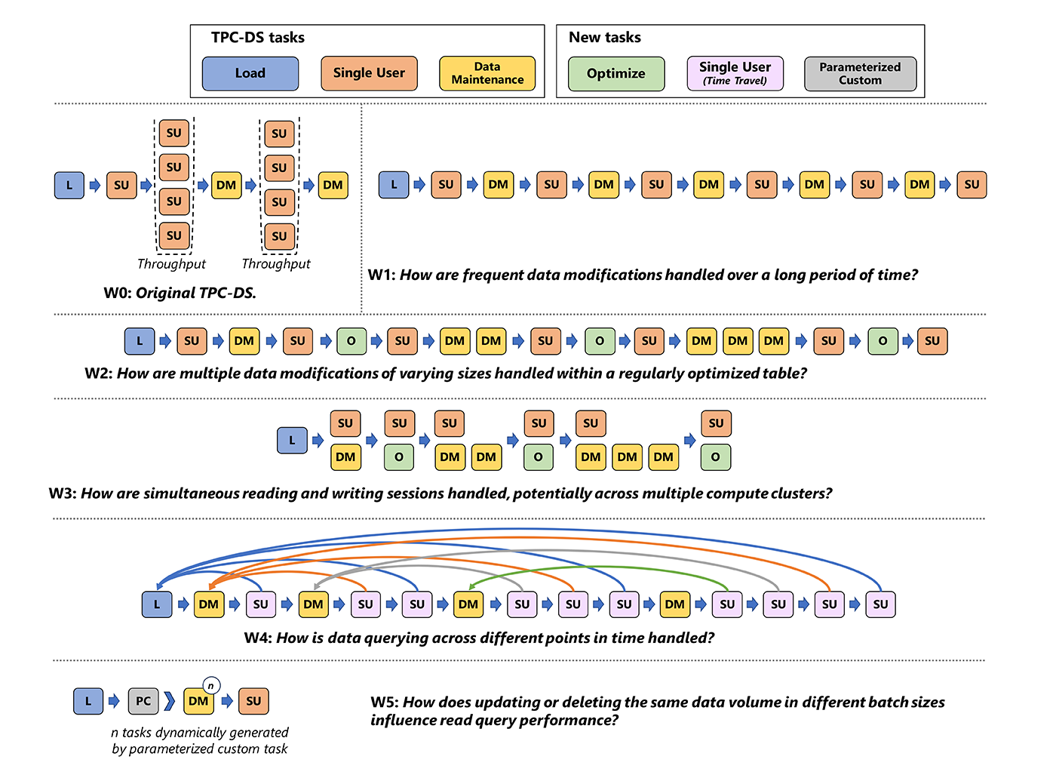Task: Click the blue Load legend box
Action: [x=250, y=73]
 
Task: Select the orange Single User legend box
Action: [x=369, y=73]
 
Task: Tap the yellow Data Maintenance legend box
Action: [x=487, y=73]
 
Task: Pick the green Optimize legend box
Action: [x=616, y=74]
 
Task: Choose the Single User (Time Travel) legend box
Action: [x=735, y=74]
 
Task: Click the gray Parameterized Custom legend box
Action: [x=860, y=74]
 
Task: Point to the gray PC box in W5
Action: [x=143, y=701]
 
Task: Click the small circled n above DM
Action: [x=212, y=686]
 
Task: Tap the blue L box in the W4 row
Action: [x=157, y=604]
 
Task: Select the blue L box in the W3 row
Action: [x=293, y=440]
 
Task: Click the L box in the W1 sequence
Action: [x=394, y=185]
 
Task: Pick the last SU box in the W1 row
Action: [x=972, y=185]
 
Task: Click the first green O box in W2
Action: [x=351, y=341]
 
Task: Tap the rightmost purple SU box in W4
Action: [x=880, y=604]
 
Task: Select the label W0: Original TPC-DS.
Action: [x=180, y=293]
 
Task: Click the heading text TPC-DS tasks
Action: [x=258, y=38]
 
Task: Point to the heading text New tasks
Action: [x=605, y=38]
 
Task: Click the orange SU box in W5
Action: [x=253, y=701]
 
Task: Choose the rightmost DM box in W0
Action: [x=333, y=185]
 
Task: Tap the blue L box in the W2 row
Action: [x=140, y=341]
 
